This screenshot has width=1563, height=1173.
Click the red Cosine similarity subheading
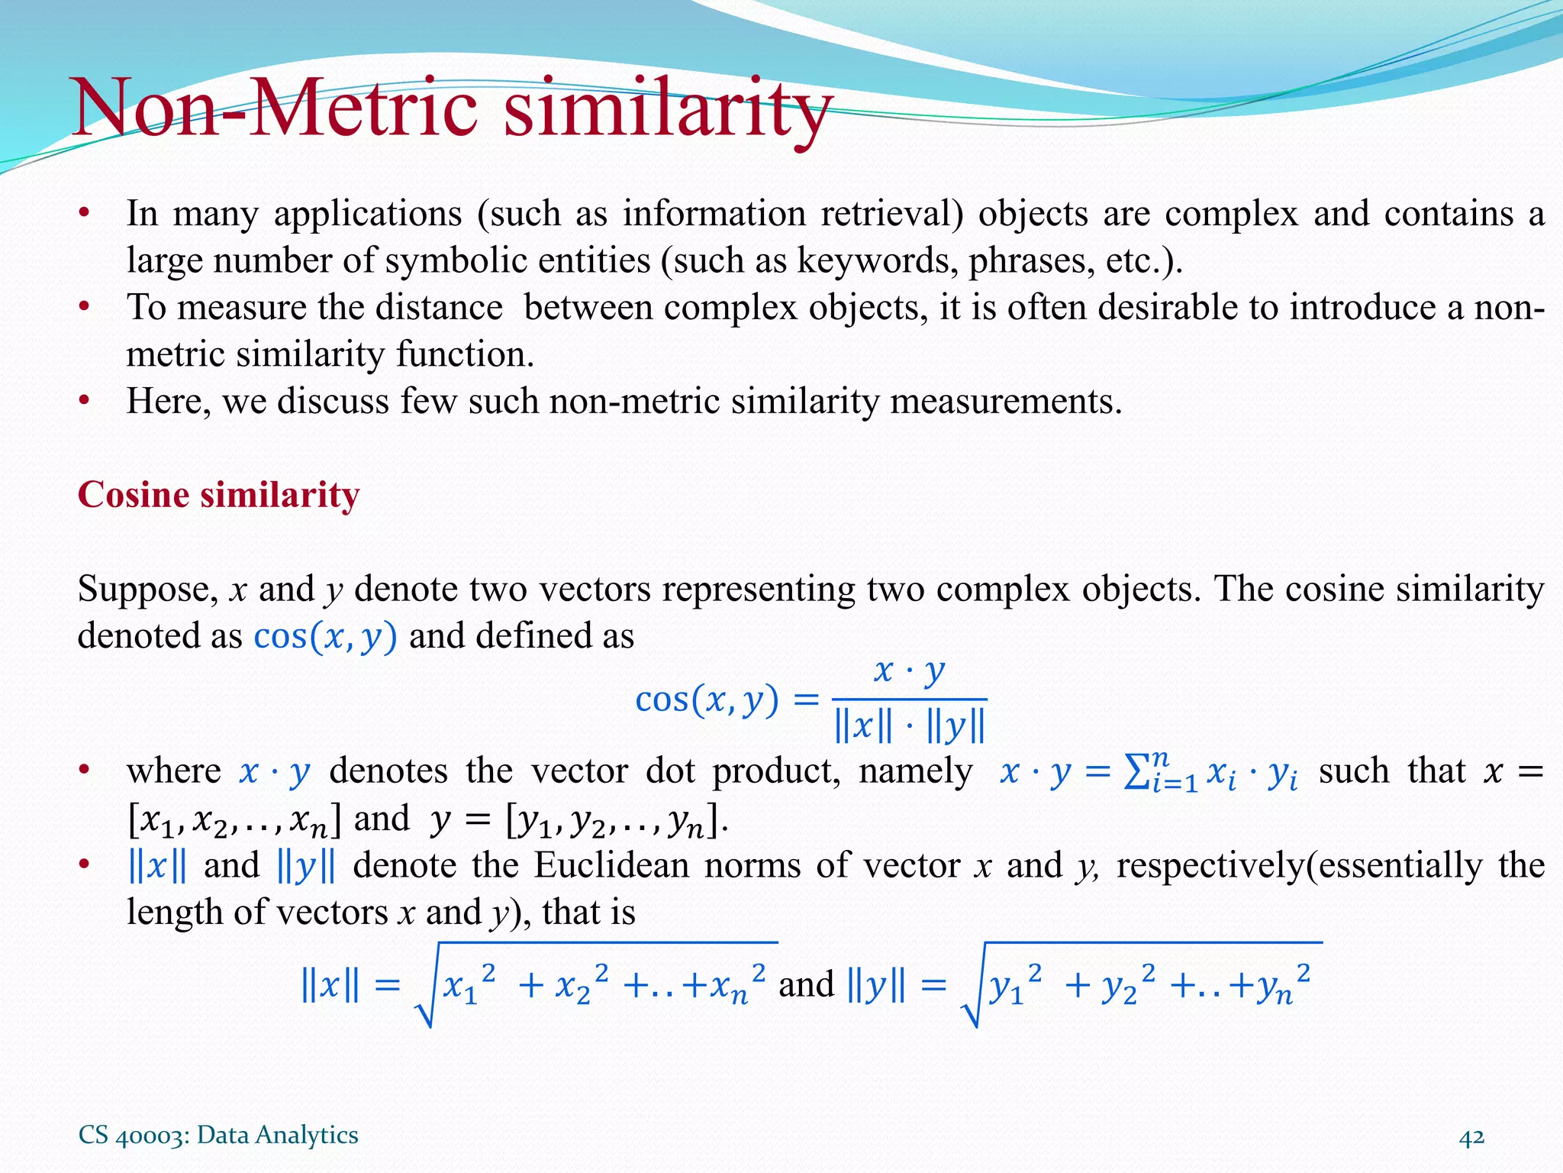[218, 495]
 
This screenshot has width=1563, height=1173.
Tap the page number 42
[1471, 1136]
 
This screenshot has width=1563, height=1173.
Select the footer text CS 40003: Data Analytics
[218, 1135]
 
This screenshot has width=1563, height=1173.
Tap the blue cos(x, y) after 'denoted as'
[325, 636]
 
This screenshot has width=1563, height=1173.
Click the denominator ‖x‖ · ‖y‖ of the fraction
[909, 726]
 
